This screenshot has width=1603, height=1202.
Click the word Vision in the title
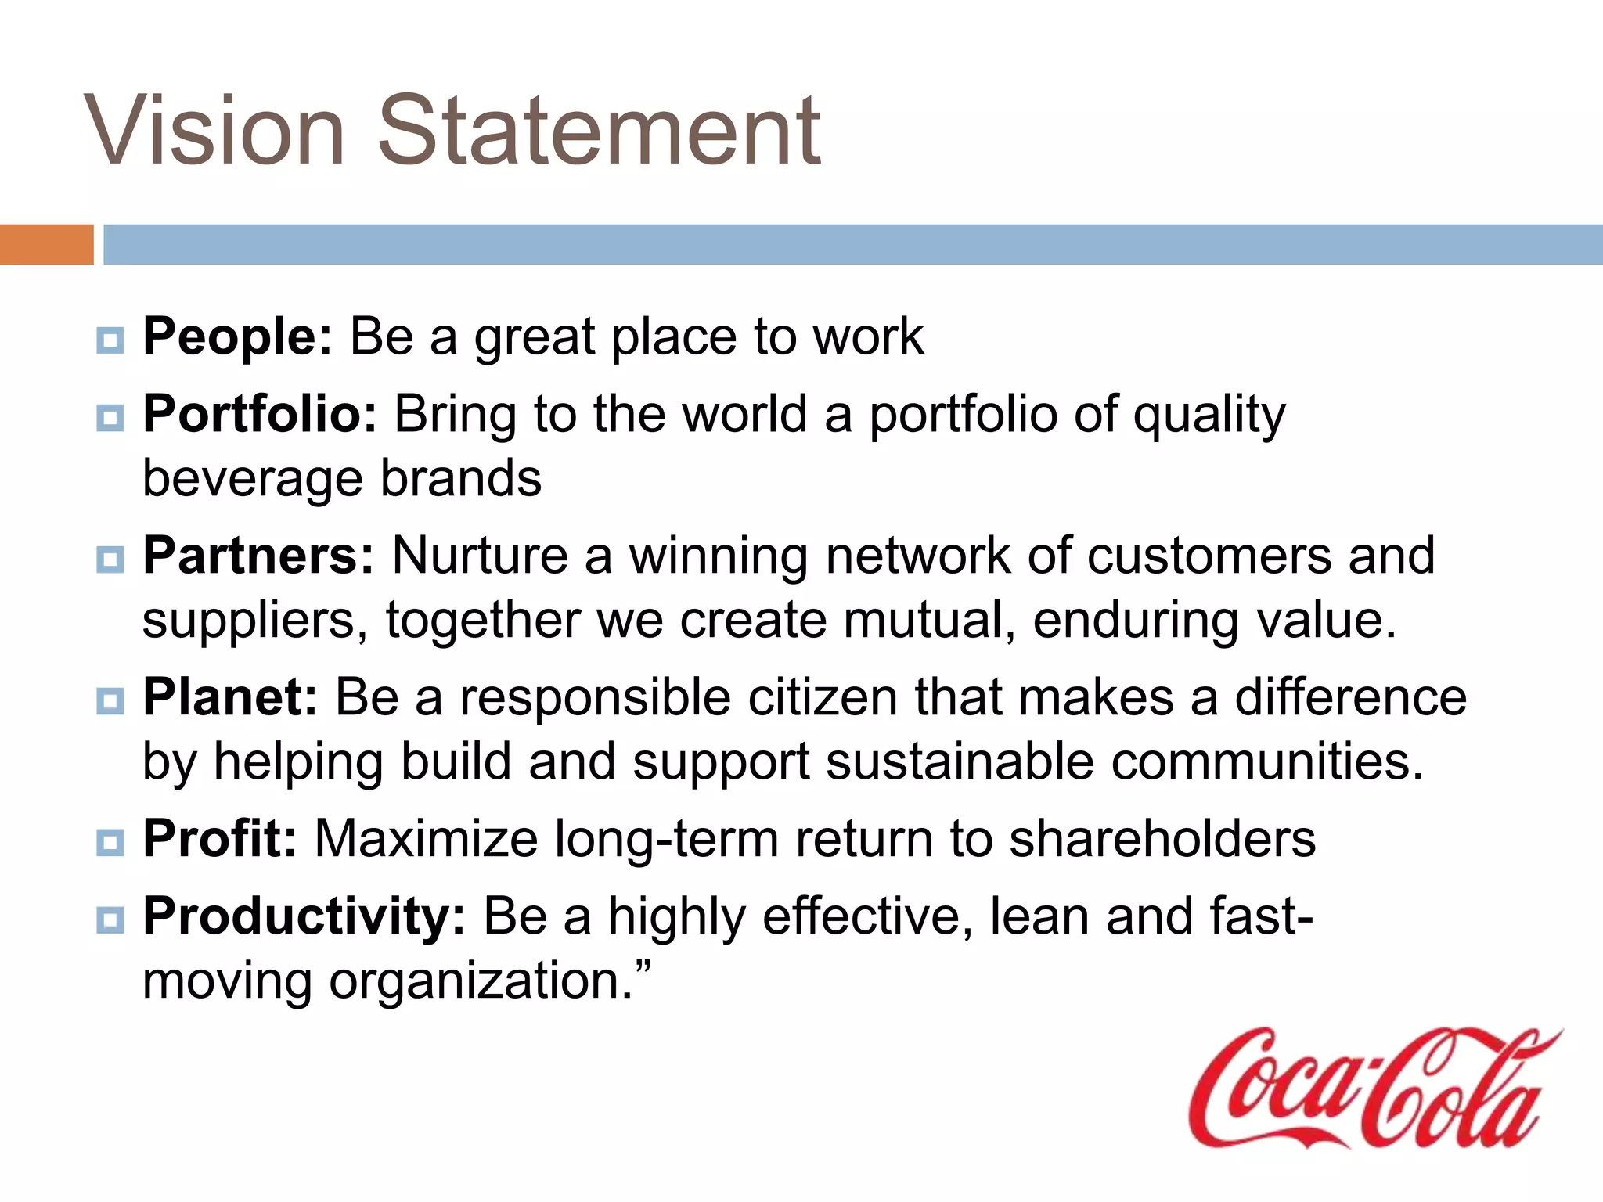pyautogui.click(x=214, y=131)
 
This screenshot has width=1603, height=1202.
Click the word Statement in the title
pyautogui.click(x=599, y=131)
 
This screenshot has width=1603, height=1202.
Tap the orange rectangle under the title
pyautogui.click(x=46, y=244)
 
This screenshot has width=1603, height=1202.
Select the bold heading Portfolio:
pyautogui.click(x=260, y=414)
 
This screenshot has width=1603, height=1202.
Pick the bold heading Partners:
pyautogui.click(x=258, y=556)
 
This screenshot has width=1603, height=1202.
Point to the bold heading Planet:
pyautogui.click(x=230, y=697)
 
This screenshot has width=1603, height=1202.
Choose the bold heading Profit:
pyautogui.click(x=220, y=839)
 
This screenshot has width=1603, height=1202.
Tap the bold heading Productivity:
pyautogui.click(x=304, y=916)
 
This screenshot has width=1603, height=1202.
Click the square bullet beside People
pyautogui.click(x=110, y=341)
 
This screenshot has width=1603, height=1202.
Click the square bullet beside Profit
pyautogui.click(x=110, y=843)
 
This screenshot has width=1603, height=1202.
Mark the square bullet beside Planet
pyautogui.click(x=110, y=701)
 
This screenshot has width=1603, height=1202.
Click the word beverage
pyautogui.click(x=252, y=480)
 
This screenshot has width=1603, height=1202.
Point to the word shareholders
pyautogui.click(x=1162, y=839)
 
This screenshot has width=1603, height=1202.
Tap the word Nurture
pyautogui.click(x=480, y=556)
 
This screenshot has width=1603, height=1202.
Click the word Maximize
pyautogui.click(x=426, y=839)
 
